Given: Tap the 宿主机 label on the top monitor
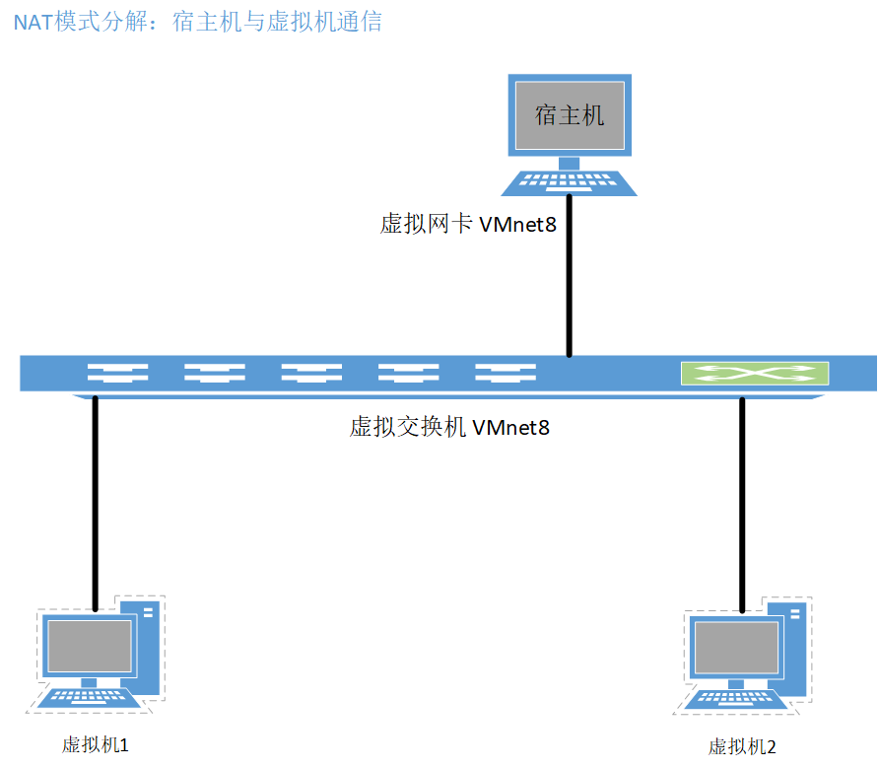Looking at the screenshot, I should (x=569, y=115).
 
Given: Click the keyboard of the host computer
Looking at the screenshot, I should (x=569, y=183).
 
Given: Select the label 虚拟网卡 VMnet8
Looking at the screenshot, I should (x=468, y=225).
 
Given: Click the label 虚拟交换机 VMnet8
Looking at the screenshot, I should (x=449, y=428).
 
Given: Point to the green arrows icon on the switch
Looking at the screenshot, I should (x=754, y=374).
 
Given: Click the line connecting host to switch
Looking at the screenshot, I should (x=569, y=286).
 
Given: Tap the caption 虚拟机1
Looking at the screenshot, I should (x=96, y=744).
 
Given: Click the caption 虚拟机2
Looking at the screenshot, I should (x=742, y=746).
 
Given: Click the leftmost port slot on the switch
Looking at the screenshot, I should (x=117, y=374).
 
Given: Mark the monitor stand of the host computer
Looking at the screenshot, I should (x=569, y=163).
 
